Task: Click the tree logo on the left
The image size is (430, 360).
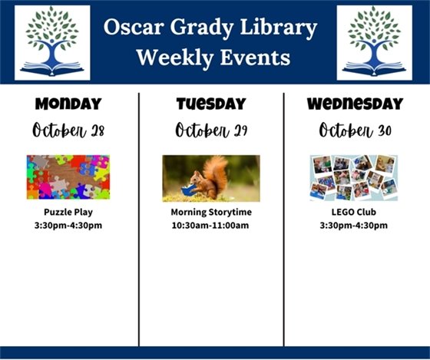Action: coord(52,42)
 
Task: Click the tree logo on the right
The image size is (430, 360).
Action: coord(374,42)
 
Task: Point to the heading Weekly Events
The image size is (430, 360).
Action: coord(213,58)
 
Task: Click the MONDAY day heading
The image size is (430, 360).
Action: coord(68,104)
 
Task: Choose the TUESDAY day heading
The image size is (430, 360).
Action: coord(211,104)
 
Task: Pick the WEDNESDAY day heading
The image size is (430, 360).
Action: coord(354,104)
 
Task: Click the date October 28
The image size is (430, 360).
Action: coord(68,130)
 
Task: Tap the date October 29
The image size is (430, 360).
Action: coord(211,130)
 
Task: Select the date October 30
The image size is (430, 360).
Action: coord(355,130)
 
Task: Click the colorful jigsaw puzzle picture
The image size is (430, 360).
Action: coord(68,177)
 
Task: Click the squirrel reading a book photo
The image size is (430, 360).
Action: coord(211,177)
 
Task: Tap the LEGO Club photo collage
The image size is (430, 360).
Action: coord(354,177)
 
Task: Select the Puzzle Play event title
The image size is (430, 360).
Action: coord(68,212)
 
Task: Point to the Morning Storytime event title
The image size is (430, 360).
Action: coord(211,212)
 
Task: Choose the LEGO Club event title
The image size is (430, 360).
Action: coord(354,212)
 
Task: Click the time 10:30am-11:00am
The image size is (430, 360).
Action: coord(211,226)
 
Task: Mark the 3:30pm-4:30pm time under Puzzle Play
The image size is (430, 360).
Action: coord(68,226)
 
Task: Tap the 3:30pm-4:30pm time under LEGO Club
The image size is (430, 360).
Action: coord(354,226)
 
